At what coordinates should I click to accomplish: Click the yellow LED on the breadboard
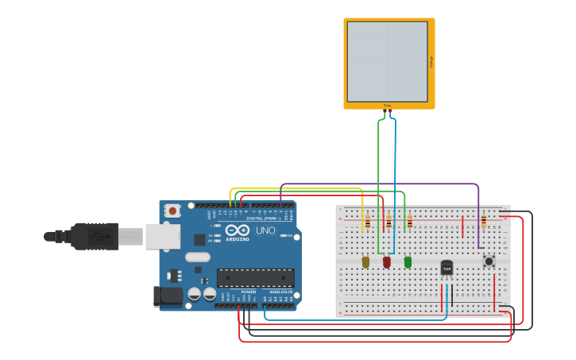[x=365, y=261]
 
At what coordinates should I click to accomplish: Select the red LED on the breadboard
[x=387, y=261]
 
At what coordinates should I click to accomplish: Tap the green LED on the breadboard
[x=408, y=261]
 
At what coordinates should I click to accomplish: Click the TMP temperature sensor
[x=446, y=269]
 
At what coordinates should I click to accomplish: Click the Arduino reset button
[x=172, y=211]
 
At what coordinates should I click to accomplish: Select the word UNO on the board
[x=265, y=230]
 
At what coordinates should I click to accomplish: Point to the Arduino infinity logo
[x=237, y=230]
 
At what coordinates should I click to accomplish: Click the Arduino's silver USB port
[x=162, y=236]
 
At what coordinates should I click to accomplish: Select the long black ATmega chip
[x=255, y=277]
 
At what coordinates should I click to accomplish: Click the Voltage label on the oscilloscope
[x=431, y=61]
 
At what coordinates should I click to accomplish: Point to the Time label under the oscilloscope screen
[x=388, y=105]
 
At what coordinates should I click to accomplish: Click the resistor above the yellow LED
[x=367, y=223]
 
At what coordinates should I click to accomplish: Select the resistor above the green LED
[x=410, y=223]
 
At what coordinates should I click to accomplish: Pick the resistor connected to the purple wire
[x=483, y=221]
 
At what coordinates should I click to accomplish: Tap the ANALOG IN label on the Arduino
[x=280, y=292]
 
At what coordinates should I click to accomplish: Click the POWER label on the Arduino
[x=249, y=292]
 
